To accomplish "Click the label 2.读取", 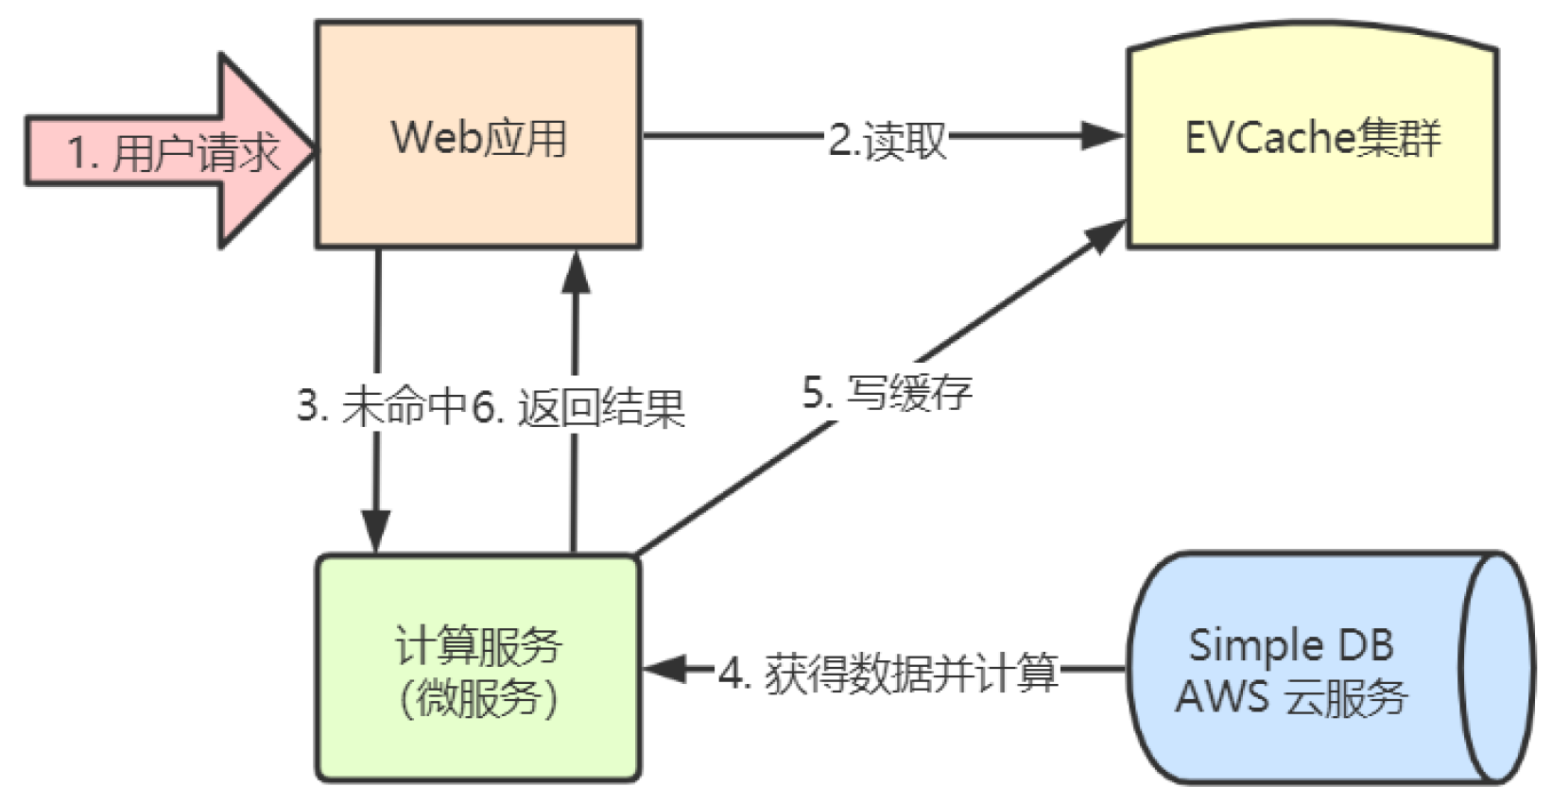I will [x=887, y=140].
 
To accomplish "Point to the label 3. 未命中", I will [x=382, y=407].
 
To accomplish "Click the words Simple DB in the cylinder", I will [x=1290, y=645].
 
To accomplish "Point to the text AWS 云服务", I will [x=1291, y=697].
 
